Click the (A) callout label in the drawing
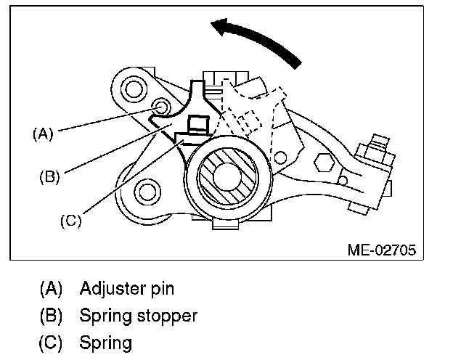43,134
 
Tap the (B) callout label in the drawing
49,175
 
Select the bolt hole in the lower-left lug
148,192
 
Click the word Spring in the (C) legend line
107,342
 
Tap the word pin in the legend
161,289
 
